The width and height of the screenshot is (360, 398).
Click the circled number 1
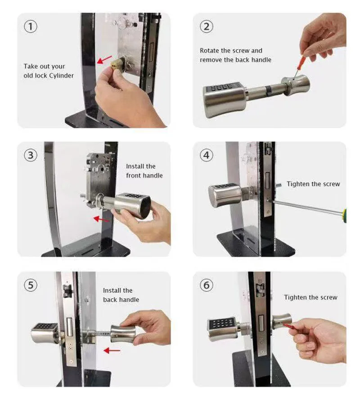[31, 27]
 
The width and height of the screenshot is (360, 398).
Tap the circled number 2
[206, 27]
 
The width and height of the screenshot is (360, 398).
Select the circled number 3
[31, 155]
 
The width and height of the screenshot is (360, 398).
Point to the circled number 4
[206, 155]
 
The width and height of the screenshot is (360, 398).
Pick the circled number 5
[31, 285]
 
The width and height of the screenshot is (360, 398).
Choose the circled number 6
[206, 285]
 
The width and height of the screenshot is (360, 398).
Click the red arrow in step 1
[104, 60]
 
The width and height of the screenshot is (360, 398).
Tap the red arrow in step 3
[101, 219]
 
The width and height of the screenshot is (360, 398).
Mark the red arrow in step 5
[112, 351]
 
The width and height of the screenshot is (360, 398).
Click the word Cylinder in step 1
[61, 76]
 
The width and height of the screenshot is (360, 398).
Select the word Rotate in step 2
[209, 50]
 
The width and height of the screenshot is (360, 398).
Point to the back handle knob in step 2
[296, 86]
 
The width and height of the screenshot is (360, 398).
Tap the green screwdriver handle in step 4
[344, 216]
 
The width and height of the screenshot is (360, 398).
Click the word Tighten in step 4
[297, 184]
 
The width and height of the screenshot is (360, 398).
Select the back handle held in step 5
[123, 334]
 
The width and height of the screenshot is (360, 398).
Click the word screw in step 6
[328, 298]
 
